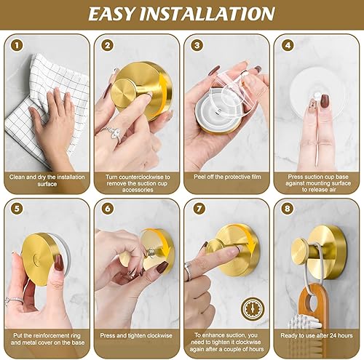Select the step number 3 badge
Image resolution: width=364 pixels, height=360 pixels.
coord(196,44)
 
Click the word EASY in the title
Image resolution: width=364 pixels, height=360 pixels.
coord(124,14)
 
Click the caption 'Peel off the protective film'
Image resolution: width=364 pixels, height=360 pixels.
coord(225,176)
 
